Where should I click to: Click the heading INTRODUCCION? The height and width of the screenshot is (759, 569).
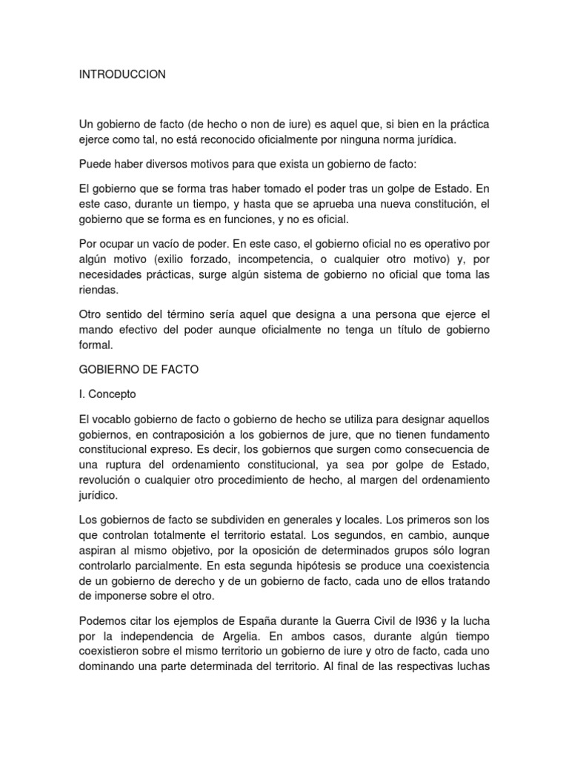tap(122, 75)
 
